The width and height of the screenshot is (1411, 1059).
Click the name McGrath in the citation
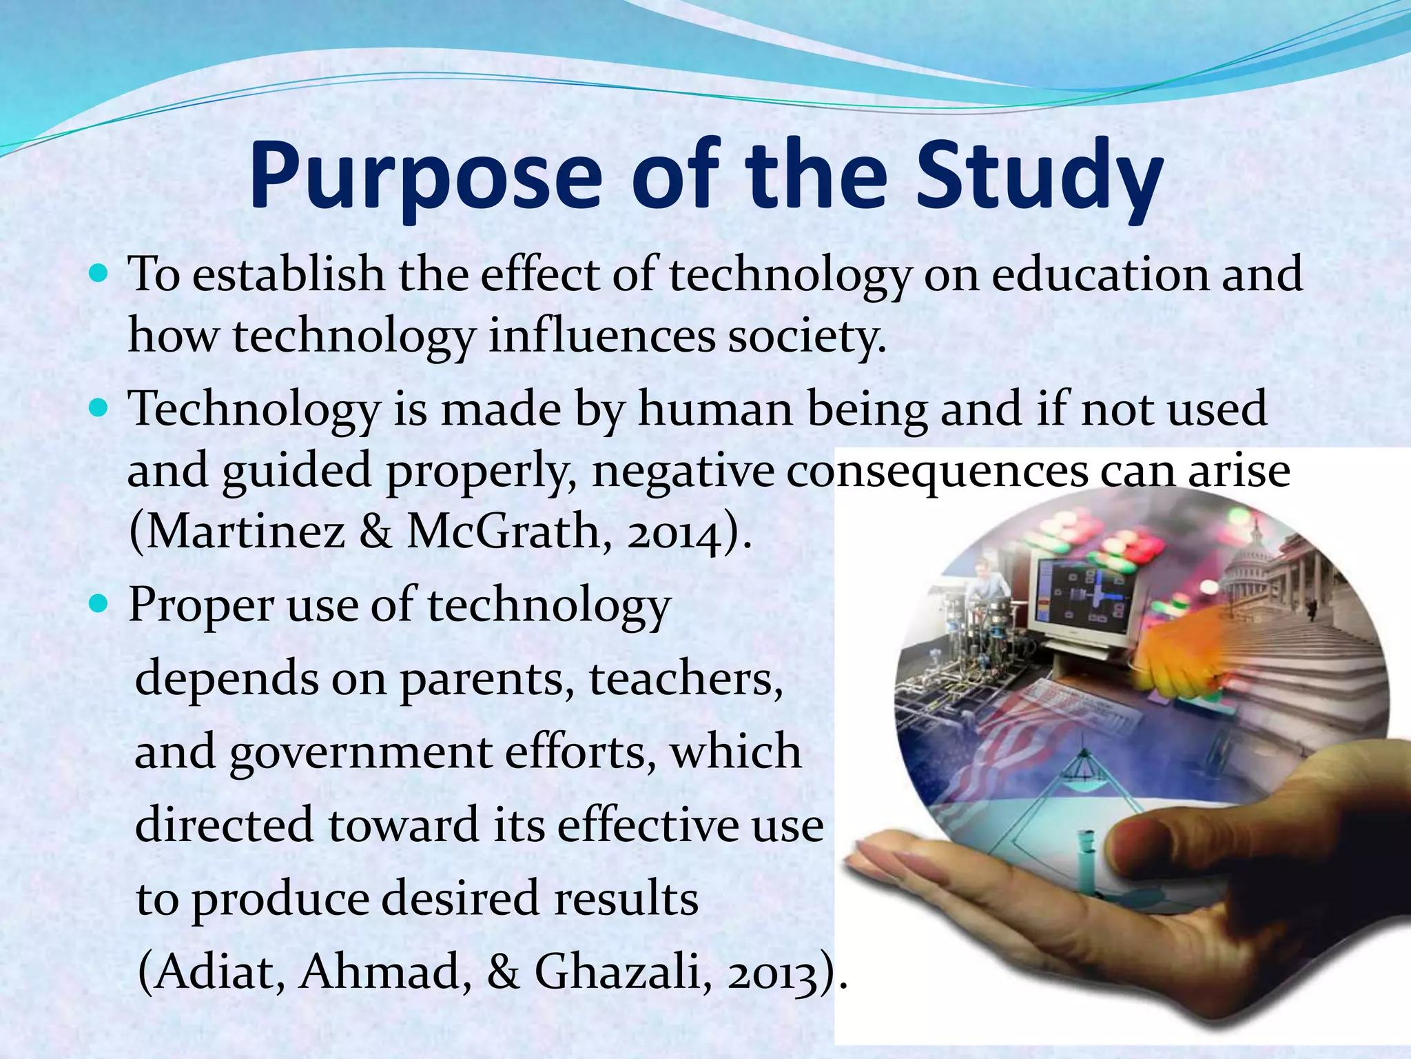pos(504,532)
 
